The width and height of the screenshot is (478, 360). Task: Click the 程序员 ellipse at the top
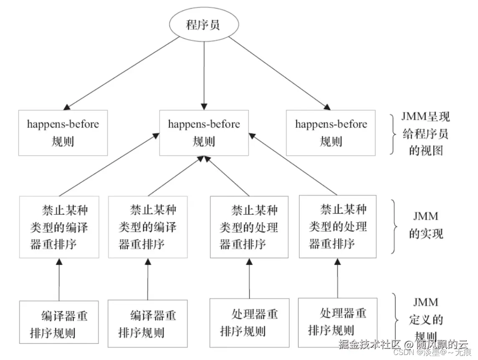[x=203, y=24]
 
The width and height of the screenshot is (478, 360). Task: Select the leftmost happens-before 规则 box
[x=63, y=133]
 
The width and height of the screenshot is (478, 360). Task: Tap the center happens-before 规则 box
[x=204, y=133]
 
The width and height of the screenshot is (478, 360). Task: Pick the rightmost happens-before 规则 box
[x=331, y=133]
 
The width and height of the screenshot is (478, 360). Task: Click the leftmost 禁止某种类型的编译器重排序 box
[x=59, y=227]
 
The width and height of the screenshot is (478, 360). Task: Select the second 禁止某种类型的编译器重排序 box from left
[x=147, y=227]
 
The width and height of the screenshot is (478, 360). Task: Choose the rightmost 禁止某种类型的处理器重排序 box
[x=338, y=227]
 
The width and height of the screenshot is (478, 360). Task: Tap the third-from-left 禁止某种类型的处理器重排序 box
[x=249, y=227]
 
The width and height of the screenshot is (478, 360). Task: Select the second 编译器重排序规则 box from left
[x=147, y=324]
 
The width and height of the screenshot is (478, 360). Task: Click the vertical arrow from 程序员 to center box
[x=204, y=75]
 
